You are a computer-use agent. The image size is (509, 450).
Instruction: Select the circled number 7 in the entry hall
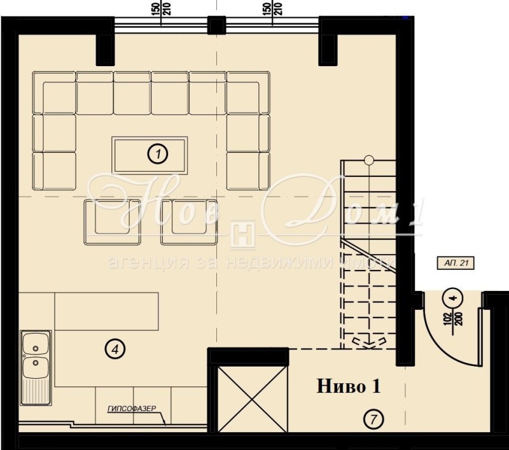(x=373, y=419)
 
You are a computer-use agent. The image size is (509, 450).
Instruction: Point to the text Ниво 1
(x=349, y=386)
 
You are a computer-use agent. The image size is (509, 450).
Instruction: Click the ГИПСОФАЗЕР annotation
(x=132, y=411)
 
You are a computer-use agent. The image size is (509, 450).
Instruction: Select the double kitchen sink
(x=36, y=367)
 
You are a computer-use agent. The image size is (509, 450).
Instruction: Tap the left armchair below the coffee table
(x=113, y=221)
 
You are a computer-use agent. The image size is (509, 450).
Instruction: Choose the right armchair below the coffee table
(x=188, y=221)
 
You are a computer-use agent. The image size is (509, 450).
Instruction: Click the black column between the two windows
(x=217, y=25)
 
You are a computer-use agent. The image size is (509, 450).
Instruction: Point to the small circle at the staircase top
(x=368, y=160)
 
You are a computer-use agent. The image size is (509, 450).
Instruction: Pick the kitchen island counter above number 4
(x=106, y=311)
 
